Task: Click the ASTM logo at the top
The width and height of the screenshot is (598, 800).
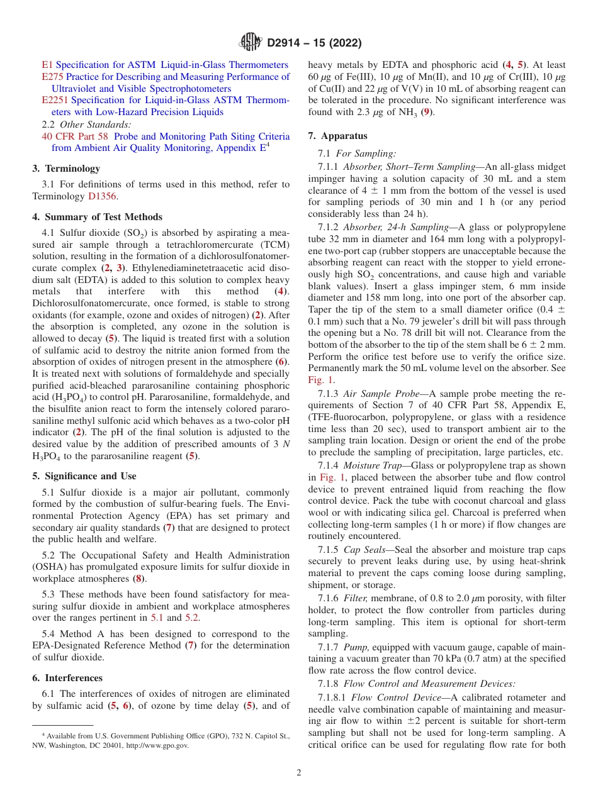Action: point(251,43)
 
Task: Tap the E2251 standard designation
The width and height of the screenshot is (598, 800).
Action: point(55,100)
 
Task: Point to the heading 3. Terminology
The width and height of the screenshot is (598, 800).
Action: point(66,169)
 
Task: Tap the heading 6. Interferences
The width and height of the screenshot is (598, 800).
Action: point(67,678)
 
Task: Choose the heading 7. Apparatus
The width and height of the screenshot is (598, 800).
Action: point(338,136)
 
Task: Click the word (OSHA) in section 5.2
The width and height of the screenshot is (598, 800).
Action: point(50,567)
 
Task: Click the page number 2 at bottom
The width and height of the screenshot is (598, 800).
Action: point(299,774)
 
